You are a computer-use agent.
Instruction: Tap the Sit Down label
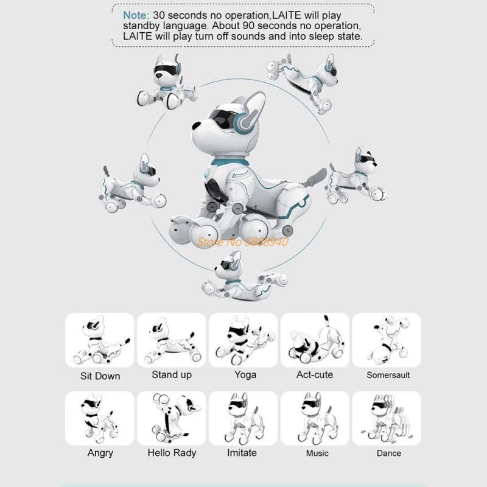pyautogui.click(x=100, y=376)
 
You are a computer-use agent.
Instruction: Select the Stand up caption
pyautogui.click(x=172, y=374)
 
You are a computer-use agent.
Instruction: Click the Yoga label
pyautogui.click(x=245, y=374)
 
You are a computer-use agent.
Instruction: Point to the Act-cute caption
pyautogui.click(x=314, y=374)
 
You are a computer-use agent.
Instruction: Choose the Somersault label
pyautogui.click(x=388, y=375)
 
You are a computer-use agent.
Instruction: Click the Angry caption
pyautogui.click(x=100, y=453)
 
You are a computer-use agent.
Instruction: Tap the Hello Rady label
pyautogui.click(x=172, y=453)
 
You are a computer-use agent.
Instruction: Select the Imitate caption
pyautogui.click(x=242, y=452)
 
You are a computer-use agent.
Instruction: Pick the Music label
pyautogui.click(x=317, y=453)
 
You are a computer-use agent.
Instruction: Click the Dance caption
pyautogui.click(x=388, y=453)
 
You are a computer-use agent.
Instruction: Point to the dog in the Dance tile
pyautogui.click(x=386, y=417)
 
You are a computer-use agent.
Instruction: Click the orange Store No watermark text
pyautogui.click(x=241, y=241)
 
